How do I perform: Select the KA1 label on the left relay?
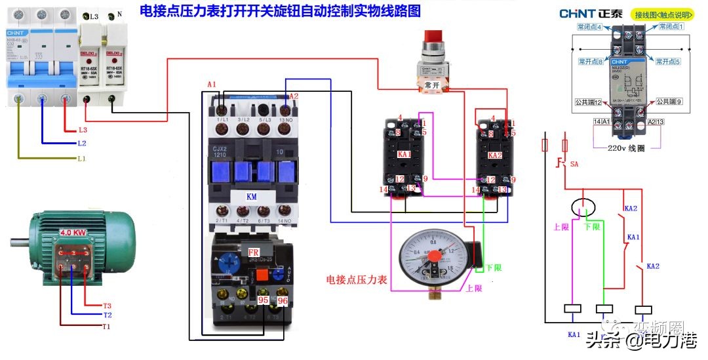point(404,155)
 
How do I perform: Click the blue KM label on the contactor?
point(251,197)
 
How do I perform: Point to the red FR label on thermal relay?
point(253,252)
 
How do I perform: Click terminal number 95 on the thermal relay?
point(264,300)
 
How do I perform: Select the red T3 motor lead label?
point(107,306)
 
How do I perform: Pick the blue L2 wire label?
point(81,143)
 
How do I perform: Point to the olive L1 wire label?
point(81,159)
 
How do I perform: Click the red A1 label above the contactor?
point(210,85)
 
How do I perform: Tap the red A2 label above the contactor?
point(294,96)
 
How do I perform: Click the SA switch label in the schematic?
point(575,163)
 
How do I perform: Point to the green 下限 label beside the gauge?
point(494,268)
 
